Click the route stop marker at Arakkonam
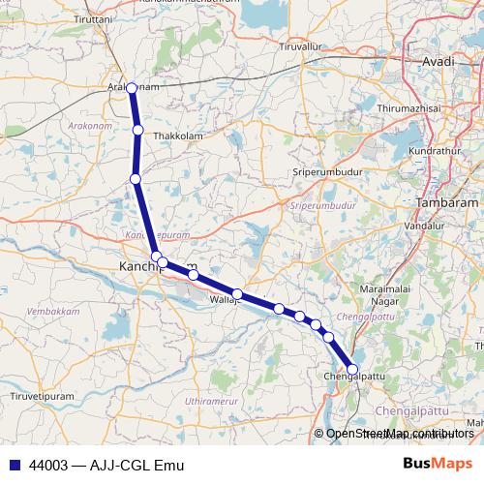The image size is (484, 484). (132, 88)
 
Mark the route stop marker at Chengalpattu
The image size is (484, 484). (351, 369)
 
